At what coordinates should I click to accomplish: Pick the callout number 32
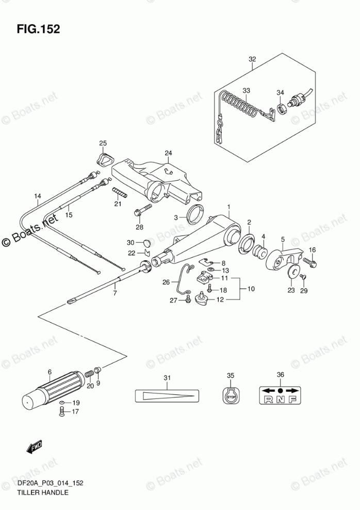pos(252,59)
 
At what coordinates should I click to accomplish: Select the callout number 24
pos(168,153)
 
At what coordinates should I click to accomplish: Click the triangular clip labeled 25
pos(105,159)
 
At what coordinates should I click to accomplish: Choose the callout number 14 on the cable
pos(37,196)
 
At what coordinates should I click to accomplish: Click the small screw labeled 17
pos(62,412)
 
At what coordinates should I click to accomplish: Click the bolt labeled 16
pos(311,262)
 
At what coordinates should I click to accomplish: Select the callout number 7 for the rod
pos(115,293)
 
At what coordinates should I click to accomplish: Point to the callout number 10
pos(251,289)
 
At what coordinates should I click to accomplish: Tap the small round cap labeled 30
pos(146,243)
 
